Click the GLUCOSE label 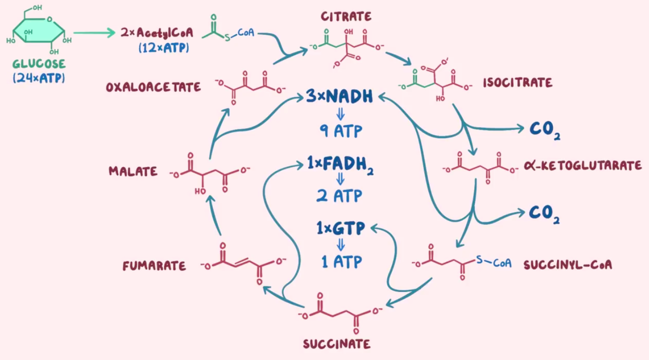click(x=39, y=64)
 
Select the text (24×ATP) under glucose click(x=39, y=78)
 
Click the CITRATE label click(x=346, y=17)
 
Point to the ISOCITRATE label click(x=517, y=83)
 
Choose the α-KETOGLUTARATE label click(x=583, y=166)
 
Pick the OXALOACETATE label click(x=153, y=87)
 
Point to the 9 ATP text click(x=340, y=132)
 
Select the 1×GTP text click(x=340, y=228)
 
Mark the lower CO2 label click(x=544, y=213)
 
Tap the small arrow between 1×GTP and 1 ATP click(x=341, y=244)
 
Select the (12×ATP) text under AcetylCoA click(x=163, y=47)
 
